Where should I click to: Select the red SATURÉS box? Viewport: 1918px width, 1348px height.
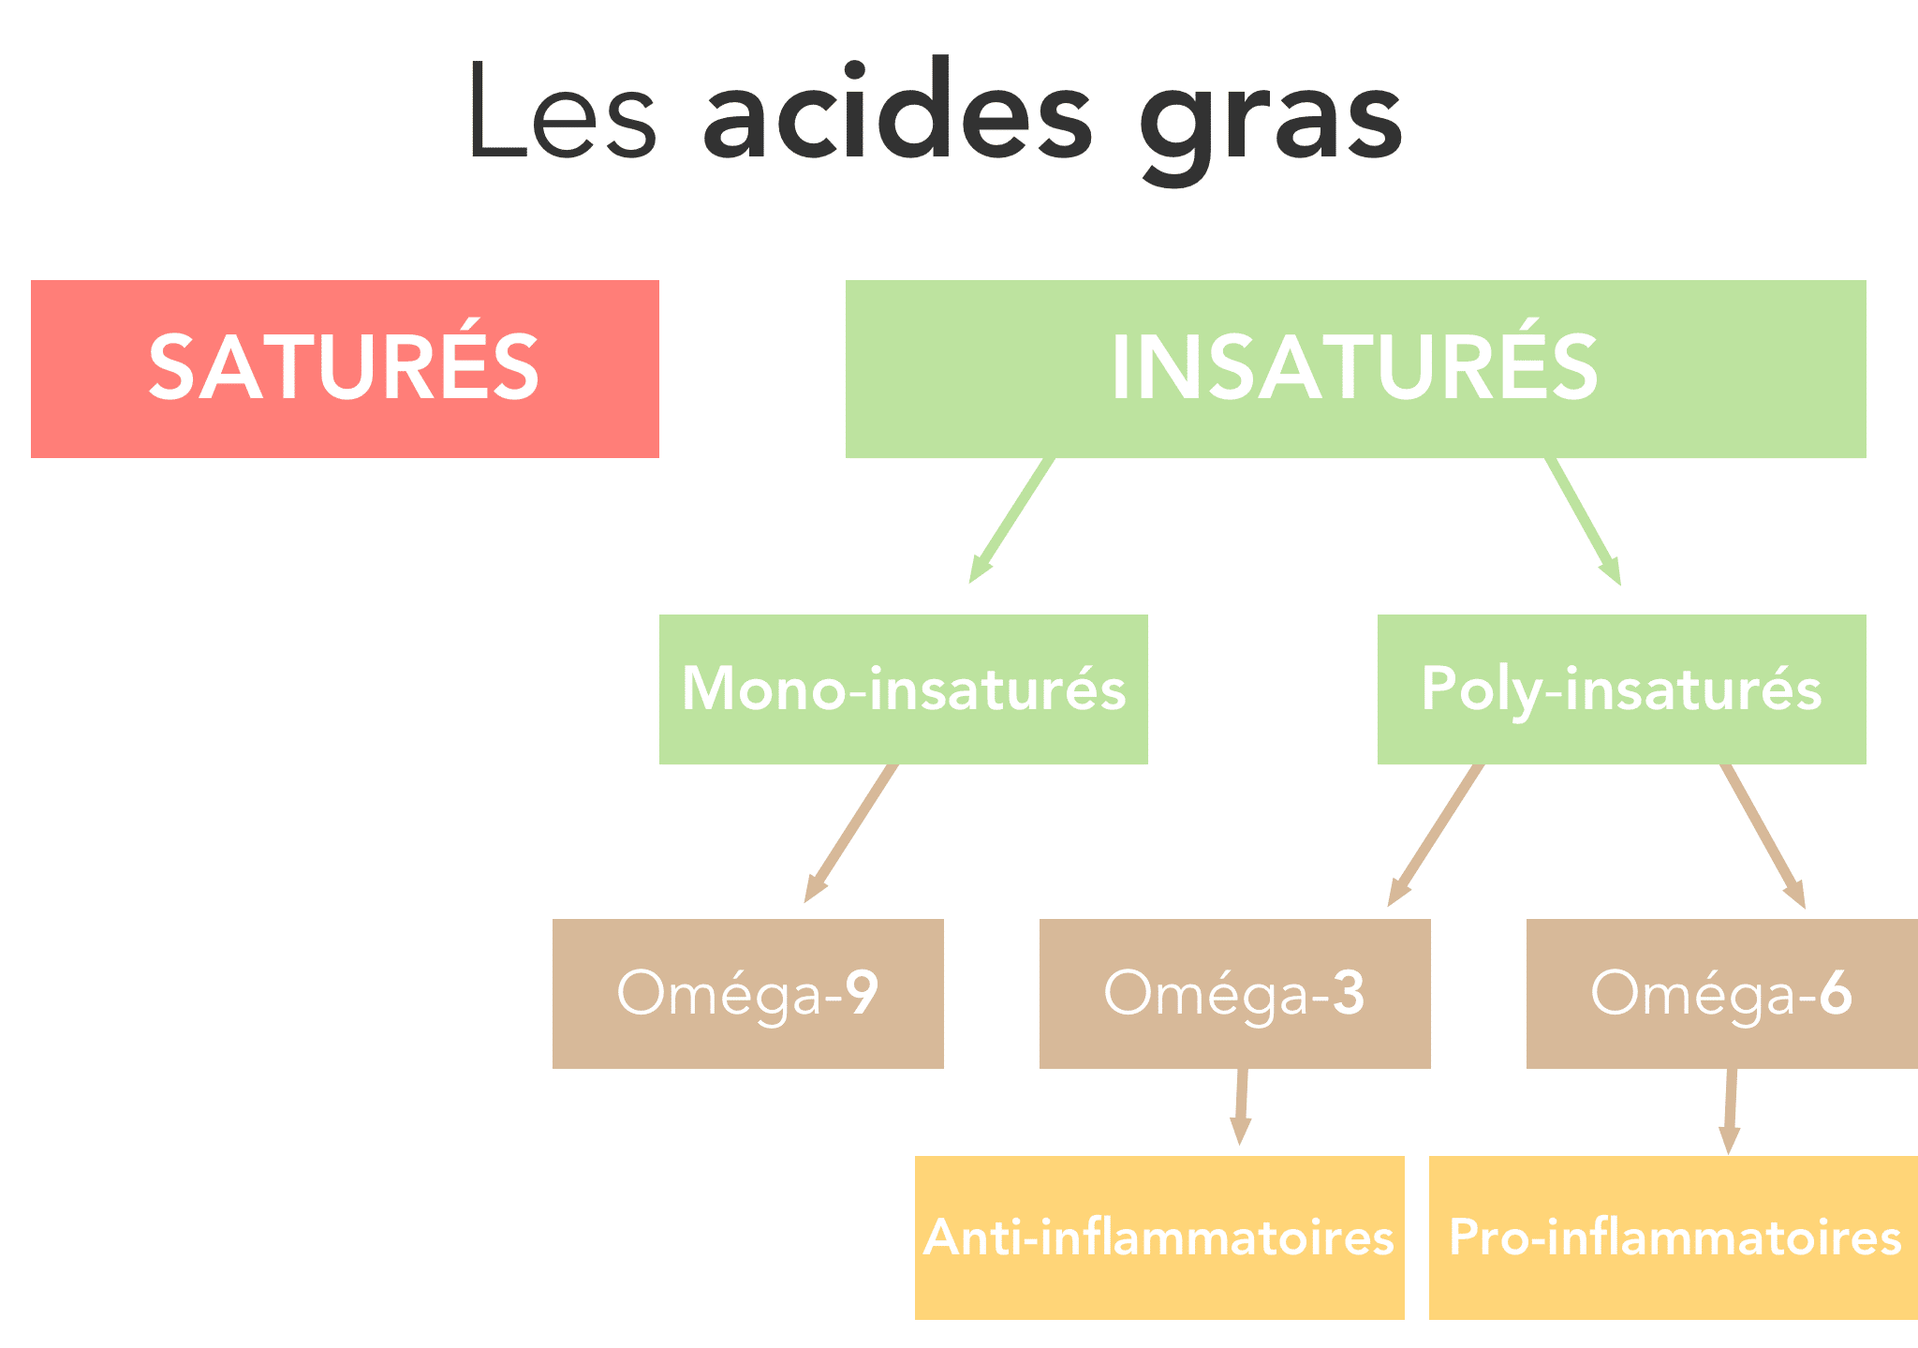[345, 369]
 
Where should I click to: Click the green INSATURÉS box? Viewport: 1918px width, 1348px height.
[1355, 369]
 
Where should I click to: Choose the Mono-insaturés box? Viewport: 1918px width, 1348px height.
[904, 689]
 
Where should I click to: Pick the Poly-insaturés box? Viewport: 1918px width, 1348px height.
[1621, 689]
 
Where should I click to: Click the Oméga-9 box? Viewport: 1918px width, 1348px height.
[748, 994]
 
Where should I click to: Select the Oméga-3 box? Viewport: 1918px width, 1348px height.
[1235, 994]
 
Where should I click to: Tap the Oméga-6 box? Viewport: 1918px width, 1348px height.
[1722, 994]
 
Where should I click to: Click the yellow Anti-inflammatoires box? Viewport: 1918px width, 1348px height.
[1159, 1237]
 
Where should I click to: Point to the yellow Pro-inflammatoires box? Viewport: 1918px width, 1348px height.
[1674, 1237]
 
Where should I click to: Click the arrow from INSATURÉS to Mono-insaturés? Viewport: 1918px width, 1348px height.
[1011, 521]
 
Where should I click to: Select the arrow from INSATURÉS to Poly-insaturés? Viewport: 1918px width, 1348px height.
[1584, 522]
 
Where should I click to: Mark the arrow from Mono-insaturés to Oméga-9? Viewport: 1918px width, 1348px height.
[850, 834]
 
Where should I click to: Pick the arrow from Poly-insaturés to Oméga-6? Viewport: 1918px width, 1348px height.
[1763, 837]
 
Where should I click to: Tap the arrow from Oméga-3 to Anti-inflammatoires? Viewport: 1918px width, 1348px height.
[1242, 1107]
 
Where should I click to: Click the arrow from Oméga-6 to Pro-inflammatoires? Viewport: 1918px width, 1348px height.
[1731, 1112]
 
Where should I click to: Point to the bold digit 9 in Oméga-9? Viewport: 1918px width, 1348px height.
[862, 993]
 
